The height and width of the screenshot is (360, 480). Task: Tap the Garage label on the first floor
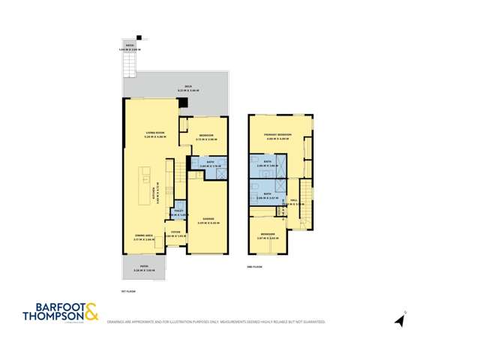click(205, 220)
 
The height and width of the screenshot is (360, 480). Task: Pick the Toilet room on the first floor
click(178, 213)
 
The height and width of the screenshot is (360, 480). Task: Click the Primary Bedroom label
click(277, 135)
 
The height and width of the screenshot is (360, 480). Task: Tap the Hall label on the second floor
click(293, 200)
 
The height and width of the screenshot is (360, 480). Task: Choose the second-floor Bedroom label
click(267, 235)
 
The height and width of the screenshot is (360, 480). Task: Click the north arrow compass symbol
click(400, 320)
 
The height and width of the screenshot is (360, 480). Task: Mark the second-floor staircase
click(304, 202)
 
